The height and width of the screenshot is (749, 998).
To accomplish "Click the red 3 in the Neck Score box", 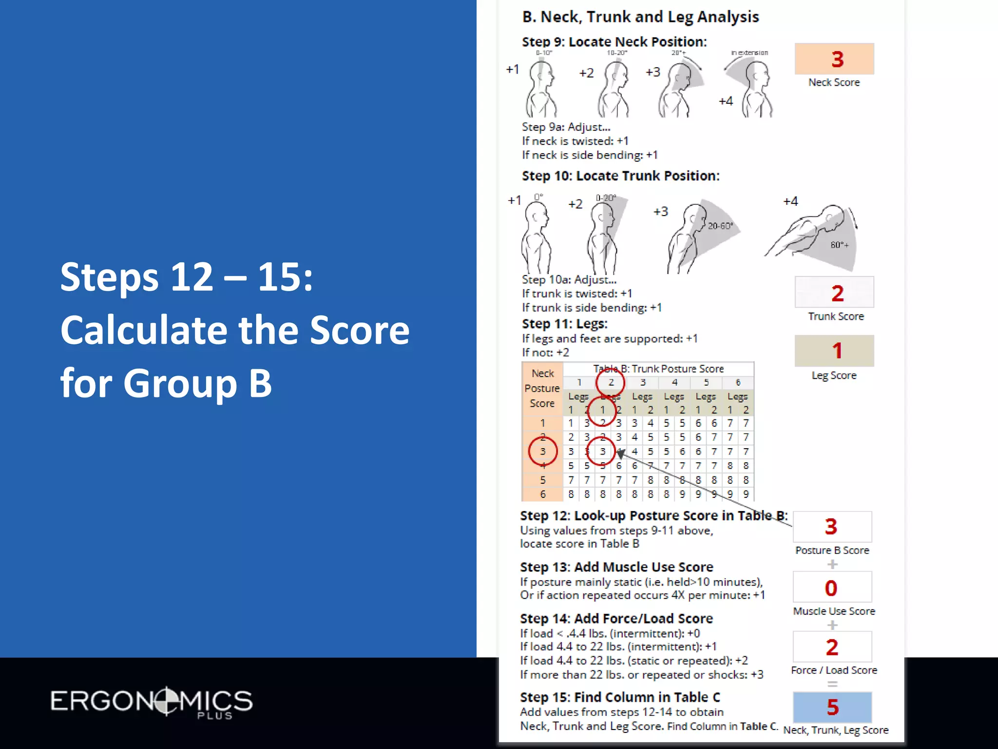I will click(837, 59).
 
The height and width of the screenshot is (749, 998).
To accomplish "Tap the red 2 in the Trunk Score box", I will click(837, 293).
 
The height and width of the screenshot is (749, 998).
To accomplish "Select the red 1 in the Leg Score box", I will click(837, 351).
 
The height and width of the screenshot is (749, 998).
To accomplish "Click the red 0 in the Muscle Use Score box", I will click(831, 588).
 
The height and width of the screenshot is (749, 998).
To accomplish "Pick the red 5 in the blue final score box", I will click(833, 707).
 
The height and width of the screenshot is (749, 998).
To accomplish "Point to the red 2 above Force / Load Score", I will click(832, 647).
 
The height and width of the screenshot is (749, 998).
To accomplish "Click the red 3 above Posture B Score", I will click(831, 527).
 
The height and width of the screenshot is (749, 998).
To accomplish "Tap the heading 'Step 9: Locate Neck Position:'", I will click(614, 42).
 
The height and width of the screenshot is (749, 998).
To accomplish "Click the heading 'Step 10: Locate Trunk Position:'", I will click(620, 176).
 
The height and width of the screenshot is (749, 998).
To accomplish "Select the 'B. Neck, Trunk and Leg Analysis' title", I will click(640, 17).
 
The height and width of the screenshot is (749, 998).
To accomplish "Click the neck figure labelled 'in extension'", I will click(753, 88).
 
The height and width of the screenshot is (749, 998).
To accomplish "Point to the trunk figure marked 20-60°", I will click(692, 237).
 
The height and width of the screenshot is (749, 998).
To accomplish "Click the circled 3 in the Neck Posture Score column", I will click(542, 452).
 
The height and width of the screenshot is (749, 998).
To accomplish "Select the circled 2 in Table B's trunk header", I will click(611, 382).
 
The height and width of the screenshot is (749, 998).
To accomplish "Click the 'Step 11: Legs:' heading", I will click(564, 324).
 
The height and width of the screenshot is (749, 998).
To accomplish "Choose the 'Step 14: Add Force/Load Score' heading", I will click(616, 618).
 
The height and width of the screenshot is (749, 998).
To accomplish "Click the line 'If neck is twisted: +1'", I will click(575, 141).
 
